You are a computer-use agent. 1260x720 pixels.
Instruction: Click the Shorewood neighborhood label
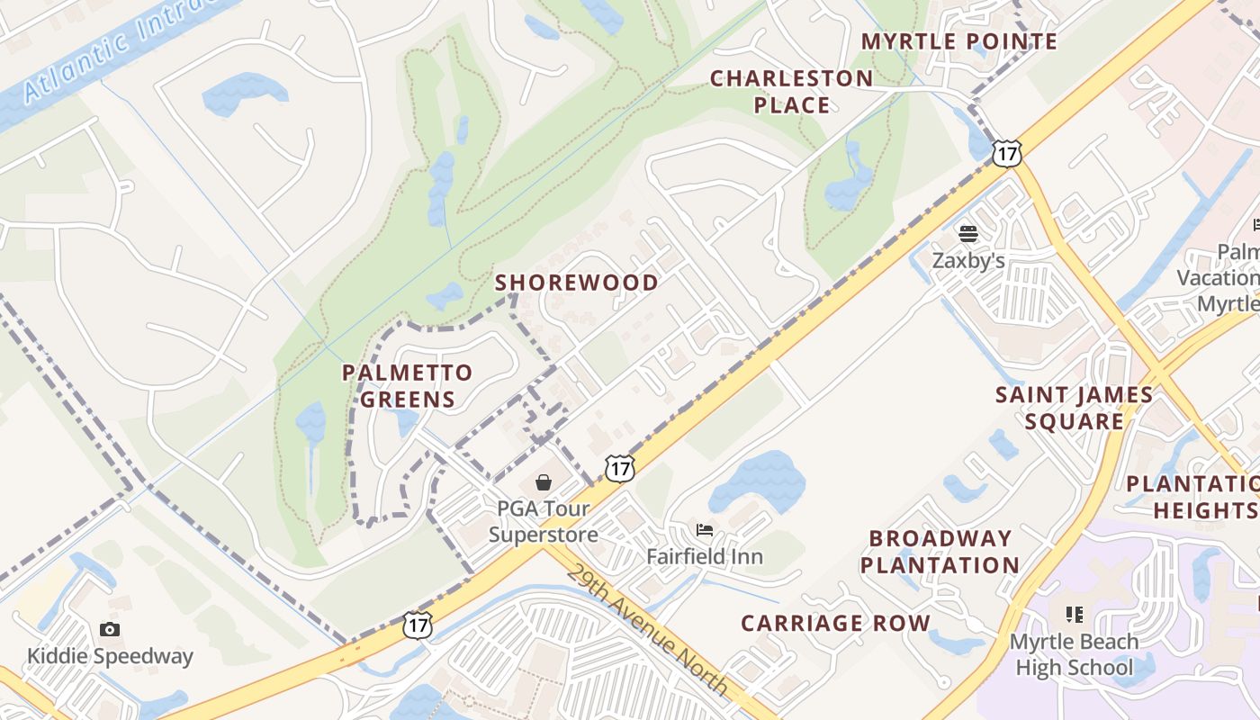pos(577,283)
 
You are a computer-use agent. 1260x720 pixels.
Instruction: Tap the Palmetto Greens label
pos(408,386)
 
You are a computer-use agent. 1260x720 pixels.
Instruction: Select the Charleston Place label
pos(791,92)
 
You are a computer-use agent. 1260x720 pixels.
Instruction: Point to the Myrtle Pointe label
pos(959,41)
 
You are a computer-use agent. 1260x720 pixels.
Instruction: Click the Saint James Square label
pos(1074,408)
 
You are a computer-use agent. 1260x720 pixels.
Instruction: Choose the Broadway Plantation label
pos(940,552)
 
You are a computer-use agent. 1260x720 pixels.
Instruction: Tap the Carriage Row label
pos(835,623)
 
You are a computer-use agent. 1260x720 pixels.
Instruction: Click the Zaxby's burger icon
pos(968,235)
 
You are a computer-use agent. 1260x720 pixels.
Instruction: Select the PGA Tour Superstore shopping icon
pos(544,483)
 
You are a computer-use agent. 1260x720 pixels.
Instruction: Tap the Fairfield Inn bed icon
pos(704,530)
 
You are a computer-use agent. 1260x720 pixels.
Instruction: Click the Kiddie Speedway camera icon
pos(110,629)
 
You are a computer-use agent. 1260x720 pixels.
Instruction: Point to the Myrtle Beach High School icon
pos(1074,615)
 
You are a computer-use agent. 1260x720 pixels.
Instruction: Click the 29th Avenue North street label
pos(647,630)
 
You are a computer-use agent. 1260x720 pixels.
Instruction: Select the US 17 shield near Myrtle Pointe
pos(1007,153)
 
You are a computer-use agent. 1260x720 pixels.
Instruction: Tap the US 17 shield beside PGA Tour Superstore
pos(619,468)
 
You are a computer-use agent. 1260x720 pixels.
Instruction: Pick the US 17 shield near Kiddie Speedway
pos(418,625)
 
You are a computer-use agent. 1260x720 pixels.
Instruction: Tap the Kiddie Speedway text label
pos(110,656)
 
